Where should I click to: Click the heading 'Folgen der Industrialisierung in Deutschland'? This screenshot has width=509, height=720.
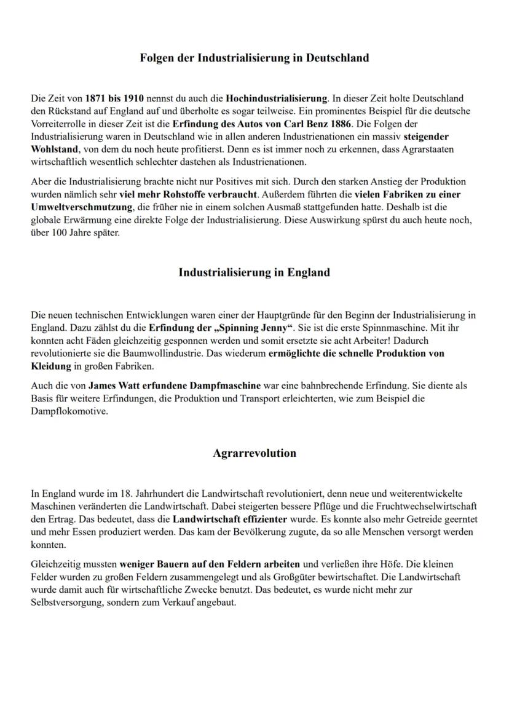(254, 58)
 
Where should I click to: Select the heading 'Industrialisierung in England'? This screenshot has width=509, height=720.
(254, 272)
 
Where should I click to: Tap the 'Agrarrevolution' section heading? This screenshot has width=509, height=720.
(254, 453)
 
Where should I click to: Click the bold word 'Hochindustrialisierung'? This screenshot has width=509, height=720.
(277, 98)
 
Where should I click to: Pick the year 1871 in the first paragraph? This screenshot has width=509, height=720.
(96, 98)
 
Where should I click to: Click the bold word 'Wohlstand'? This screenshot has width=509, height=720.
(54, 149)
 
